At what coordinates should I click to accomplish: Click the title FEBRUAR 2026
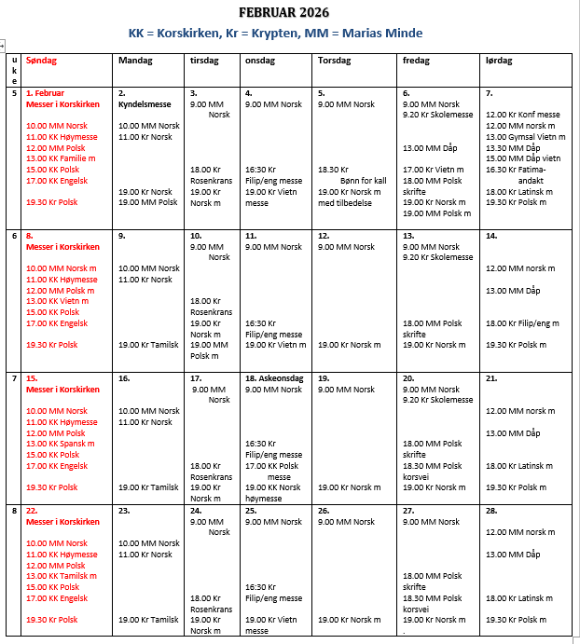point(283,12)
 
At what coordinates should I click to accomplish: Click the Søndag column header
point(42,61)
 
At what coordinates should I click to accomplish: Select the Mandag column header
point(134,61)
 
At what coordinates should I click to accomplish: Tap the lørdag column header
point(499,61)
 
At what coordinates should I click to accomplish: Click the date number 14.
point(490,236)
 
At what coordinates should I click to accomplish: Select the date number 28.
point(491,511)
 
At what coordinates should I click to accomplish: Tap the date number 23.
point(123,511)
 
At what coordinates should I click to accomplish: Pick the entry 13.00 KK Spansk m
point(60,444)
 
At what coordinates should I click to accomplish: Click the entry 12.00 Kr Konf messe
point(521,115)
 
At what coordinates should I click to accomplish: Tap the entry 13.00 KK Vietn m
point(57,301)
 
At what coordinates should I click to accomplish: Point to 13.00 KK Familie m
point(61,158)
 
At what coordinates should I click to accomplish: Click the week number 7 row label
point(14,378)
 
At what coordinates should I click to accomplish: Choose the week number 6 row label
point(14,236)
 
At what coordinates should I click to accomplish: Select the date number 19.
point(323,378)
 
